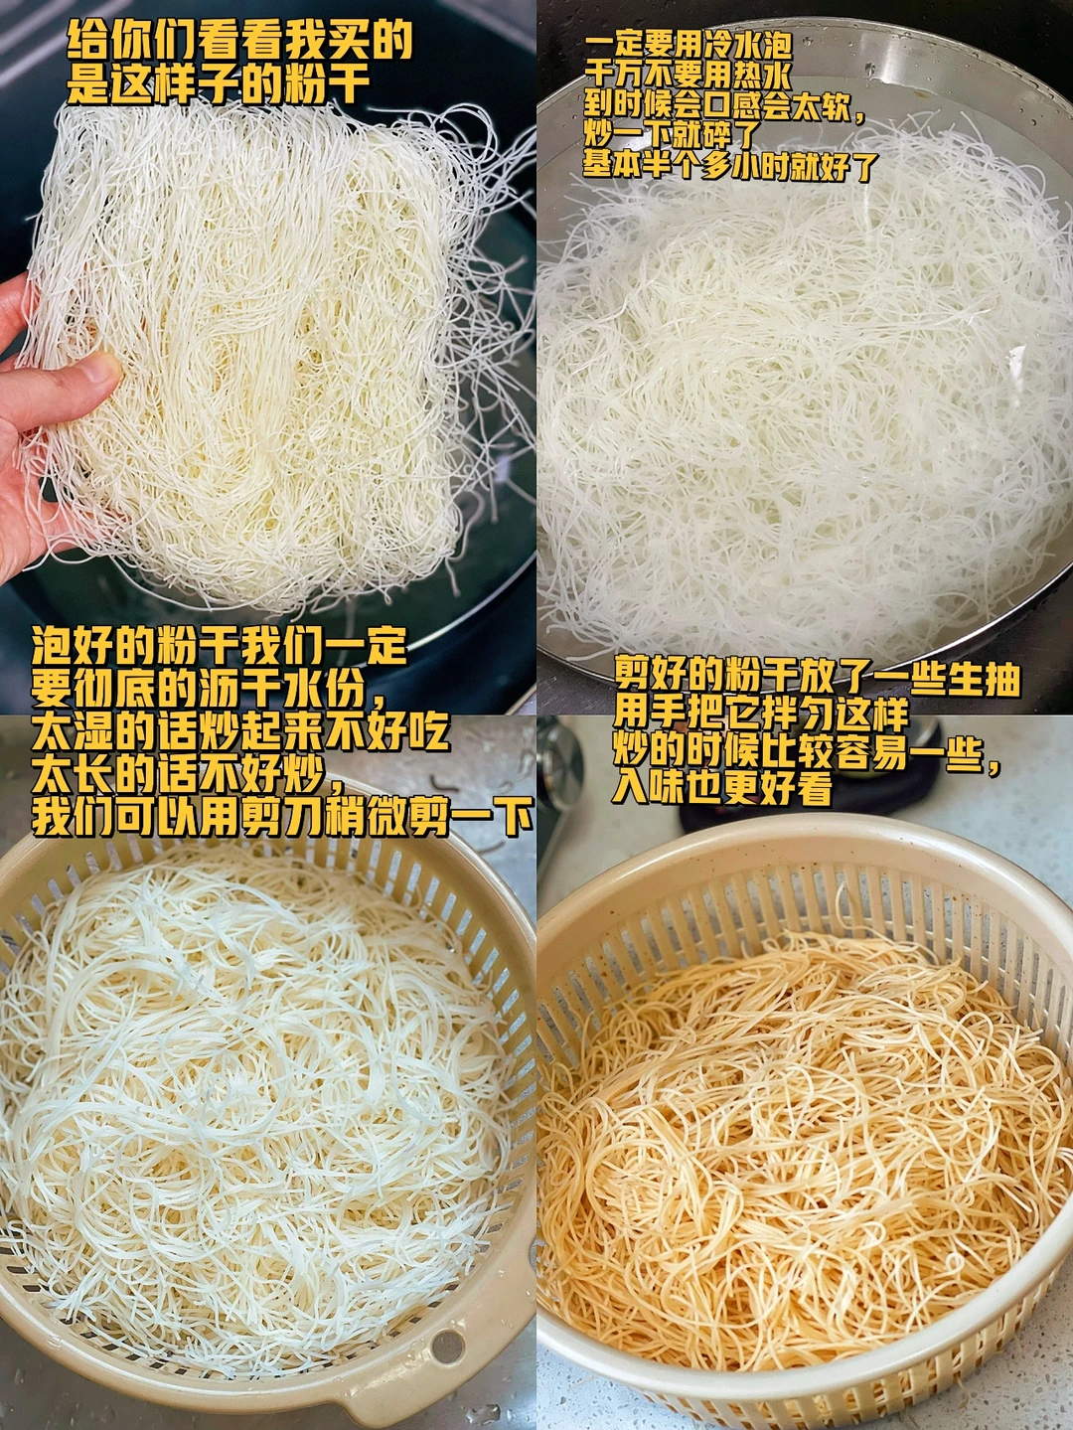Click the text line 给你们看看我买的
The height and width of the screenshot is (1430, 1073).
(x=239, y=43)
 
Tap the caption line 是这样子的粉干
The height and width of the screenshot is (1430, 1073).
(x=219, y=84)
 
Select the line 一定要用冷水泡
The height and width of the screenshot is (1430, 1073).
(x=689, y=47)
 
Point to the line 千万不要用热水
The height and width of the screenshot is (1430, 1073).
(x=689, y=77)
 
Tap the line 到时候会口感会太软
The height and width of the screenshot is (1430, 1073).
(x=726, y=106)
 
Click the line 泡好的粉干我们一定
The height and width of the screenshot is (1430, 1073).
(x=220, y=648)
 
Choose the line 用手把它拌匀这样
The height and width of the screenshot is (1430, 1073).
(x=761, y=717)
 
